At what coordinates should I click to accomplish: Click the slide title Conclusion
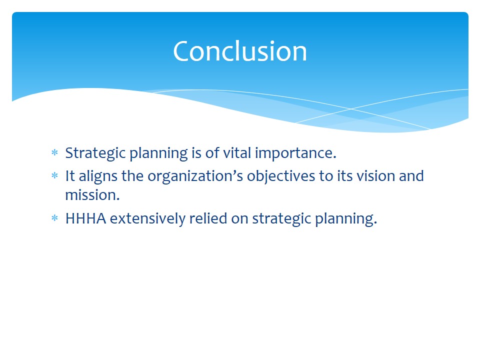[x=240, y=51]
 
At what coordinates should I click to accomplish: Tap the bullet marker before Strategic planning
[x=55, y=152]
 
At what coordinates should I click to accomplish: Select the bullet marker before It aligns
[x=55, y=175]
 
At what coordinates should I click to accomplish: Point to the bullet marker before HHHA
[x=55, y=218]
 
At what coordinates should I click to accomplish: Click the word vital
[x=237, y=153]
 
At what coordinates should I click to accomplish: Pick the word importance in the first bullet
[x=295, y=153]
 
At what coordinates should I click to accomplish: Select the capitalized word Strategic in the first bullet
[x=96, y=153]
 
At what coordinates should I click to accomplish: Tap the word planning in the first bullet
[x=158, y=153]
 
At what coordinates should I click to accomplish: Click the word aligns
[x=98, y=176]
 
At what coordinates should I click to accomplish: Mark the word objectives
[x=281, y=176]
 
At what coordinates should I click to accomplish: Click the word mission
[x=92, y=195]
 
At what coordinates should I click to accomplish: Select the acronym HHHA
[x=85, y=218]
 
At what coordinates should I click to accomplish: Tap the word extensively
[x=147, y=219]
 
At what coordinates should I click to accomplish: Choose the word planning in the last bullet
[x=346, y=219]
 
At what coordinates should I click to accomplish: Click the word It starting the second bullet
[x=70, y=176]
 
